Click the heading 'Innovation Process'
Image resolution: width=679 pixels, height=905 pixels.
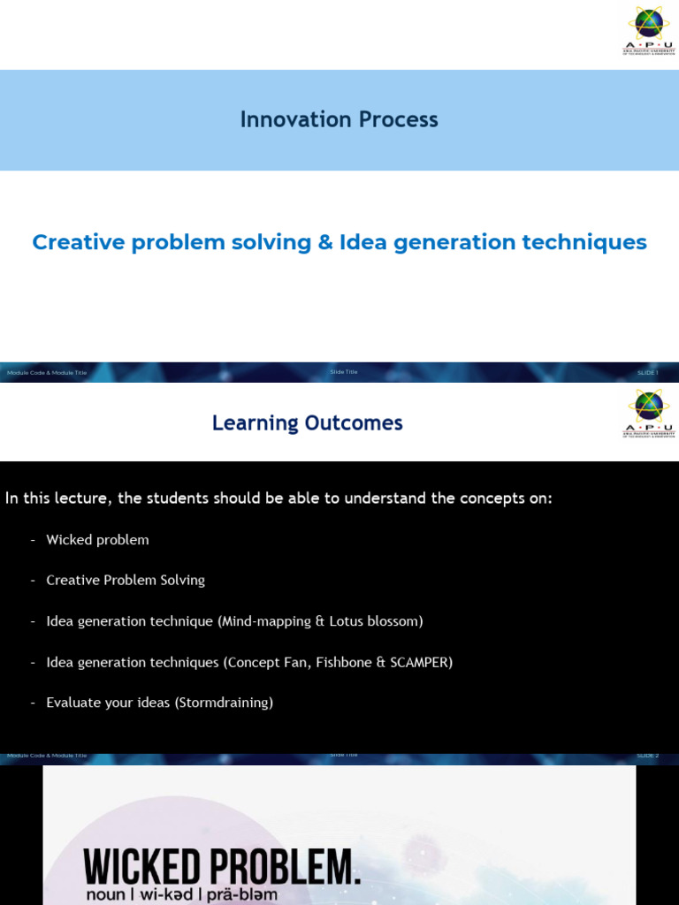(x=339, y=119)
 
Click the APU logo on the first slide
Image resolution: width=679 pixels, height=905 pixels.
(x=649, y=30)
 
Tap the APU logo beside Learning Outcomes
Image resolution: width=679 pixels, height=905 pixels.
(x=649, y=413)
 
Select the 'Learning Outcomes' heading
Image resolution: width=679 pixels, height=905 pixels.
(x=307, y=423)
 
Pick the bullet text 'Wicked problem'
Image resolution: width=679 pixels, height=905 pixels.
(x=97, y=540)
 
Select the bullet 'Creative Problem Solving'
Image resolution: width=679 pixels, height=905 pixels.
(x=126, y=581)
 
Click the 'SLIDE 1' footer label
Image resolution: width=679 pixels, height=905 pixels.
(x=647, y=373)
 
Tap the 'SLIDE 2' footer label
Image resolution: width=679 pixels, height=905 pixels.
(x=647, y=756)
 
